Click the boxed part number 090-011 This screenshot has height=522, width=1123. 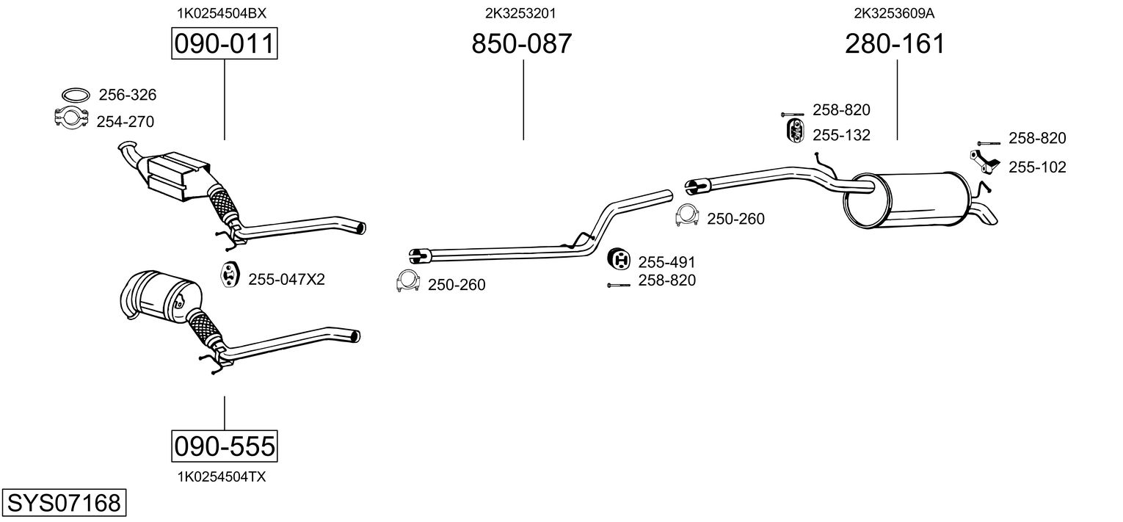[224, 44]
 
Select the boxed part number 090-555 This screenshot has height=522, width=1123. [224, 445]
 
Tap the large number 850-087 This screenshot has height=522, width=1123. [521, 44]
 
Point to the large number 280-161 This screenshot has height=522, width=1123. [895, 44]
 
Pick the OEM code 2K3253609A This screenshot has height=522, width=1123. [893, 12]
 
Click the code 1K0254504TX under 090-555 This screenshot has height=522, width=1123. [222, 476]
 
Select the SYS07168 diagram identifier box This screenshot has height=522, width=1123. [63, 504]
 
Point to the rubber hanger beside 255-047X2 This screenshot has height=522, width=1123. [230, 273]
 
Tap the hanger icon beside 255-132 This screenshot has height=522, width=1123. [793, 131]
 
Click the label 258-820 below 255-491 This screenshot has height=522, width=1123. [666, 280]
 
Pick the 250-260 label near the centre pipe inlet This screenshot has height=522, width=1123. [456, 285]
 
